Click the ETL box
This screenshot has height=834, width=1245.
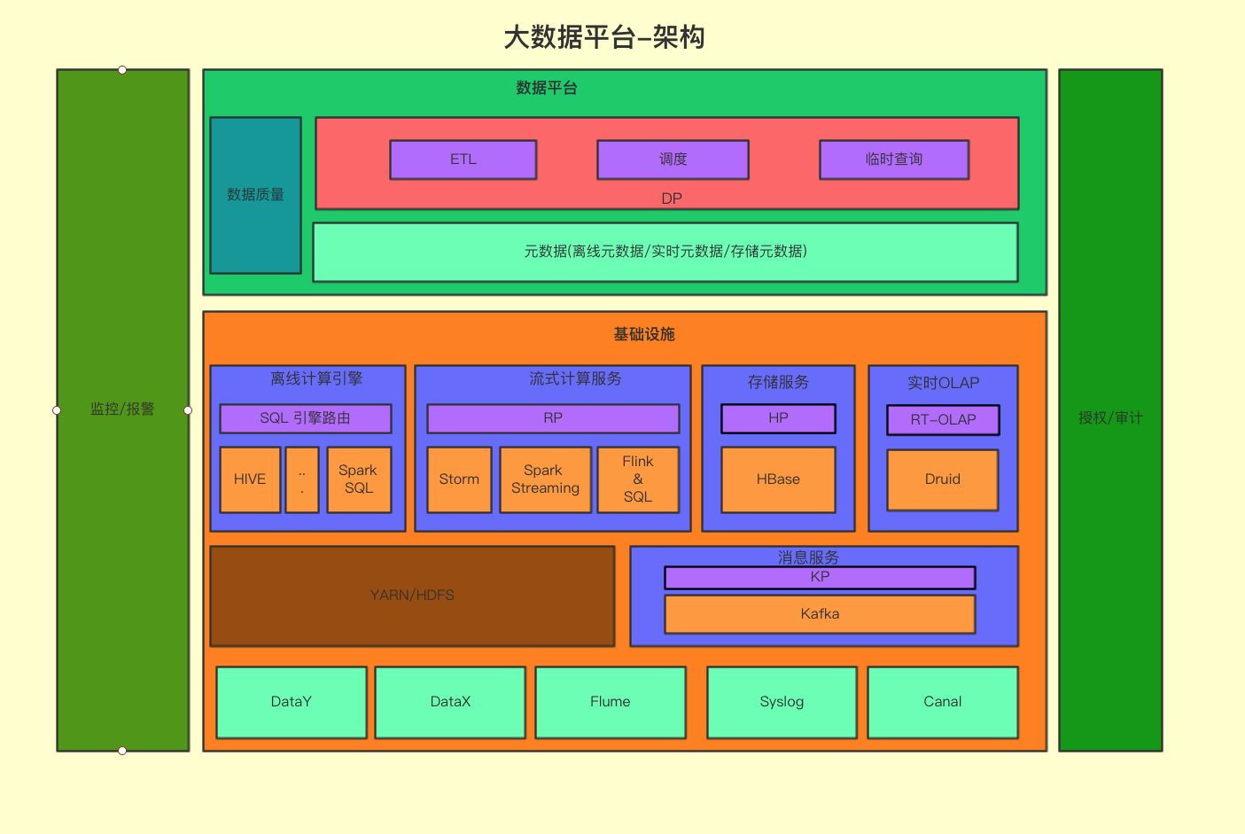pos(463,160)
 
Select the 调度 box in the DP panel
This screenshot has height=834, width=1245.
pos(673,160)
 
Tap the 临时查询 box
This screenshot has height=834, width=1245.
pos(894,160)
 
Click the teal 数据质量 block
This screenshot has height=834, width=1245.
pos(255,195)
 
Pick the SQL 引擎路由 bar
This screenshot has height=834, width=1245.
pos(306,418)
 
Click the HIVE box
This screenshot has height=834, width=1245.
pos(250,479)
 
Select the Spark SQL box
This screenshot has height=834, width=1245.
pos(359,479)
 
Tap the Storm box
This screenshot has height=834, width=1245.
pos(459,479)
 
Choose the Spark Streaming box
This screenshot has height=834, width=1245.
pos(545,479)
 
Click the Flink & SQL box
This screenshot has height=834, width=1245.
pos(638,479)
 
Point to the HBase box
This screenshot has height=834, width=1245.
pos(778,479)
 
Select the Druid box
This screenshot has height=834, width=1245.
pos(943,479)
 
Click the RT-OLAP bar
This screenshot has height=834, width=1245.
pos(943,420)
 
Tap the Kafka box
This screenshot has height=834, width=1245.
pos(820,614)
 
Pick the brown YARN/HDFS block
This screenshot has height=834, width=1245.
pos(412,596)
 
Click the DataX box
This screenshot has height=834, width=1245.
pos(450,702)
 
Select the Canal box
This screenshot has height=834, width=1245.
pos(943,702)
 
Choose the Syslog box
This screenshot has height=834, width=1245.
pos(782,702)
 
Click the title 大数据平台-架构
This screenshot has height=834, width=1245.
pos(604,37)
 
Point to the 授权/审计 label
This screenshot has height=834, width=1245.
pos(1110,417)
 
